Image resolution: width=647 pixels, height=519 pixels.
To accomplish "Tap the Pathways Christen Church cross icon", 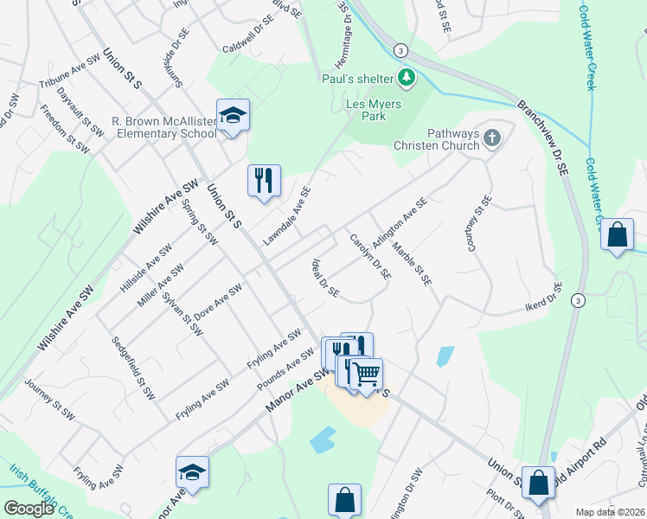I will tap(492, 138).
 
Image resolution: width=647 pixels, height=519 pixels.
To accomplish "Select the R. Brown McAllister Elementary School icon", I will tap(232, 115).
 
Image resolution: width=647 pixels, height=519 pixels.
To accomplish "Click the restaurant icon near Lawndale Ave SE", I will tap(264, 180).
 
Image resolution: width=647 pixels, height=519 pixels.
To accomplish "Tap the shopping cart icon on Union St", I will tap(367, 374).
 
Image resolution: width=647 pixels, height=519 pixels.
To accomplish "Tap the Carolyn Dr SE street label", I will tap(370, 256).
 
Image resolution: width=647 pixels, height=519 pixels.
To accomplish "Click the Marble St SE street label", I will tap(411, 264).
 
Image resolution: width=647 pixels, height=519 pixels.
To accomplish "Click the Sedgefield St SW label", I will tap(134, 368).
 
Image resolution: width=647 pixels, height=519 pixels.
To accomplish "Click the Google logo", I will tap(29, 509).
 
